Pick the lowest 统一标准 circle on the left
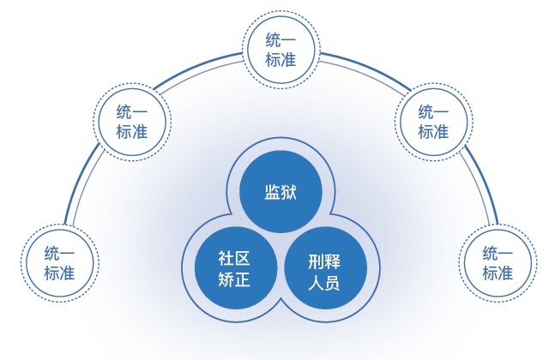(x=60, y=261)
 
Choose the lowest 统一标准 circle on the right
(x=497, y=261)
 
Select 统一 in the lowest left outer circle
(x=60, y=252)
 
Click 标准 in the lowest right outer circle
(x=497, y=273)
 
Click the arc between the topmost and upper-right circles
(x=360, y=65)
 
